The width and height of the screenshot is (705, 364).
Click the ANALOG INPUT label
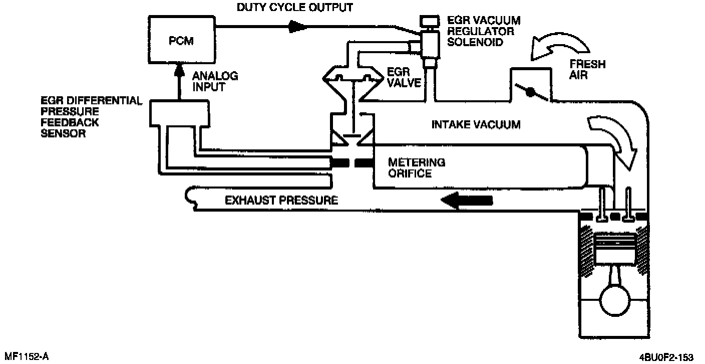[x=216, y=81]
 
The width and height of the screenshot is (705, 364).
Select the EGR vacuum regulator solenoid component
[x=428, y=42]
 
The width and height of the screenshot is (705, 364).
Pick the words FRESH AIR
[x=588, y=70]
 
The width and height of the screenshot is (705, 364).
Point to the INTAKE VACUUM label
[x=476, y=124]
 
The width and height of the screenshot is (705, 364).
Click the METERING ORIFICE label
[x=417, y=168]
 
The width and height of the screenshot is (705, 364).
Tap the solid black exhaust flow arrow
[x=466, y=201]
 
